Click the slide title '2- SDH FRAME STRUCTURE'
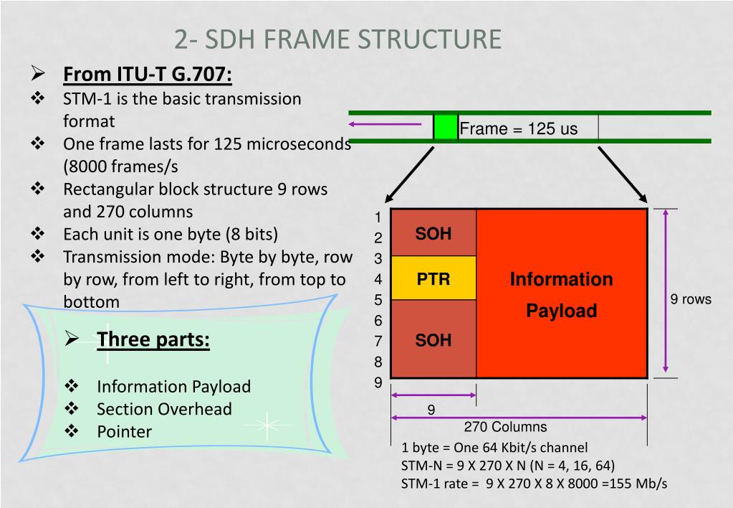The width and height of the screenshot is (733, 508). click(337, 39)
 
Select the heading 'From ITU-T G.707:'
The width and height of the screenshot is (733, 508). click(148, 75)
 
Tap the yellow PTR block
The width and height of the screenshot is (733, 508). click(433, 278)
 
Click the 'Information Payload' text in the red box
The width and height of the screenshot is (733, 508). click(561, 294)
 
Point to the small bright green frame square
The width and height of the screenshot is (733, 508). click(446, 127)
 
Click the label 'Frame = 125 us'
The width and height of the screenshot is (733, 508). click(518, 129)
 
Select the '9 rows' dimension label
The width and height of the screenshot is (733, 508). click(691, 299)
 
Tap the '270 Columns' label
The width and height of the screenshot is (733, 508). click(505, 427)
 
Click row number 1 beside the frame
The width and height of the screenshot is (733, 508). click(378, 217)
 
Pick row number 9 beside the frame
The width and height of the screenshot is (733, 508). click(378, 382)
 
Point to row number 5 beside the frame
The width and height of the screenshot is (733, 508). click(378, 300)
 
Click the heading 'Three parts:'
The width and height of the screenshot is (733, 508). click(153, 339)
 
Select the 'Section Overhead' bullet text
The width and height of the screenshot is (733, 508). click(164, 409)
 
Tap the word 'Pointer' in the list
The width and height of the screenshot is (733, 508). click(125, 431)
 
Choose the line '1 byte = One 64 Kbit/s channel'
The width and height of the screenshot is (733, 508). click(494, 448)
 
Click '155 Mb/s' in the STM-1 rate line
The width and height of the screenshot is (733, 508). click(637, 483)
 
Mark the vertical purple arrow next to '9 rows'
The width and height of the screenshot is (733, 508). click(666, 291)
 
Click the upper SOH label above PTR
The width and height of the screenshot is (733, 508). click(433, 234)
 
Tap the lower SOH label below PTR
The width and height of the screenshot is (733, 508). click(433, 340)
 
